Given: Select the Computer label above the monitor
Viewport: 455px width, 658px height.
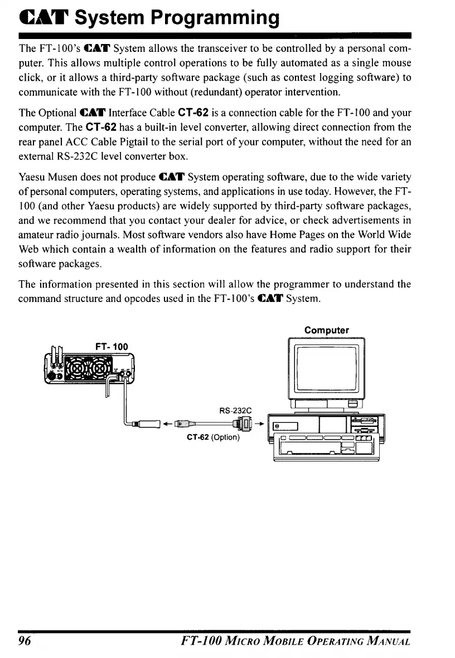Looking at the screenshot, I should pyautogui.click(x=327, y=330).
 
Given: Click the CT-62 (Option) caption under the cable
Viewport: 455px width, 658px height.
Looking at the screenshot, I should pyautogui.click(x=213, y=437).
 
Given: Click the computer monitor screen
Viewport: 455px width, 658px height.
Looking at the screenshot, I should pyautogui.click(x=326, y=368).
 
